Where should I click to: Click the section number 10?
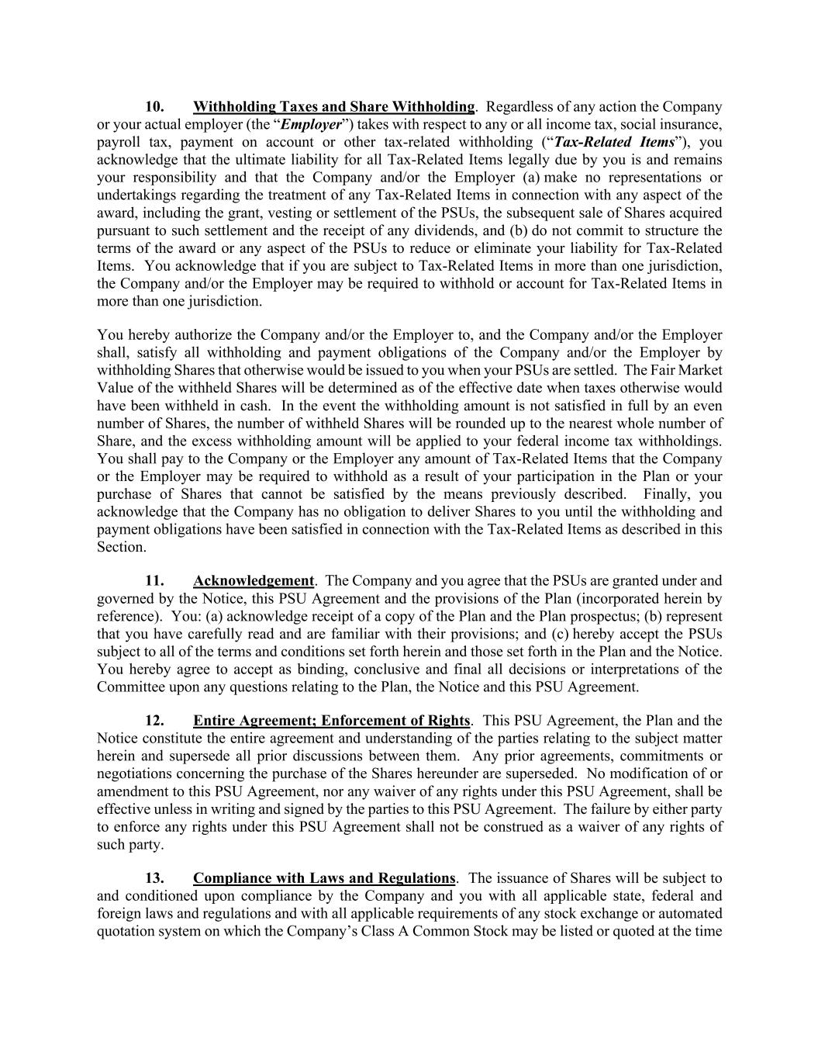click(154, 106)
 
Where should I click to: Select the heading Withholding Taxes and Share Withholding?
click(333, 106)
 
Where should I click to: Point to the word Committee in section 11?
click(129, 687)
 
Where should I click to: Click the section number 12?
click(154, 720)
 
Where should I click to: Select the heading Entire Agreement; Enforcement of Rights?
click(331, 720)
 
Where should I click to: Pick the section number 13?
click(154, 878)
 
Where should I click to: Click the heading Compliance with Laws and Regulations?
click(324, 878)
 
